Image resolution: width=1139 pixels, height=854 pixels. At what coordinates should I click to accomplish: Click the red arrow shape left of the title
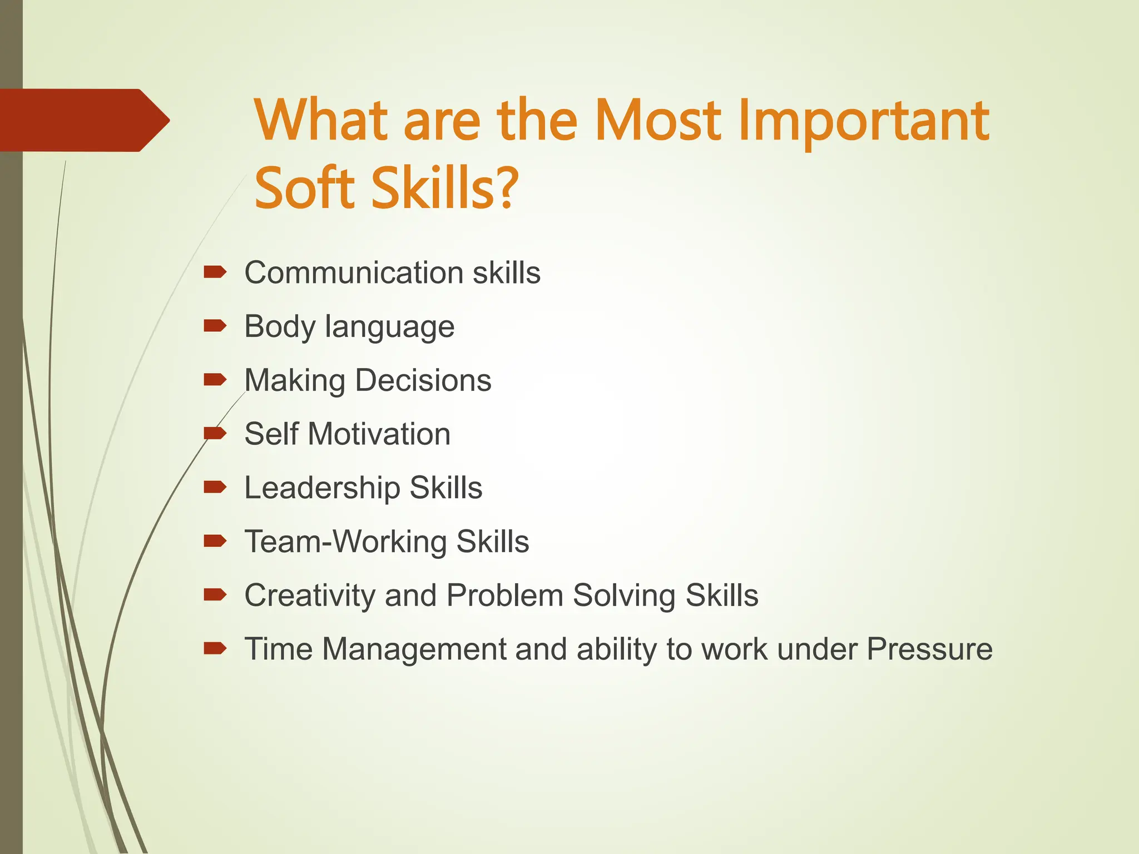[x=83, y=120]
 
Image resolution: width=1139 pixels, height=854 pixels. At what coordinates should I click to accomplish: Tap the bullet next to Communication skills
[x=215, y=272]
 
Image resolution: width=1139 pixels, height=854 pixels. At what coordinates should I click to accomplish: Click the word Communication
[x=354, y=273]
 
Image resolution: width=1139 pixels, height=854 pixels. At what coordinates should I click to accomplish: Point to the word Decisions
[x=423, y=380]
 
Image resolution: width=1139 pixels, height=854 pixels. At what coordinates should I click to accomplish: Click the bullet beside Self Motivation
[x=215, y=433]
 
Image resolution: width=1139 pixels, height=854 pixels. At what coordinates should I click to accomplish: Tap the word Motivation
[x=379, y=434]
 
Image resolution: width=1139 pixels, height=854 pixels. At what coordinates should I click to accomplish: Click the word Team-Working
[x=345, y=542]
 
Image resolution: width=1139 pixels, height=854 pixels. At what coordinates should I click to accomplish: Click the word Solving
[x=624, y=596]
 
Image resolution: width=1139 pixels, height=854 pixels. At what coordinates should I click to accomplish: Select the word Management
[x=414, y=649]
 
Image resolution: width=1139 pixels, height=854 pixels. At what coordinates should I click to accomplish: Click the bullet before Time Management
[x=215, y=648]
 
